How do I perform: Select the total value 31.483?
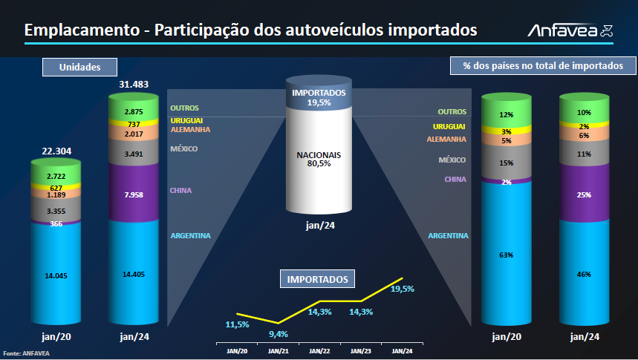pyautogui.click(x=134, y=85)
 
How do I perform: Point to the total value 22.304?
pyautogui.click(x=56, y=151)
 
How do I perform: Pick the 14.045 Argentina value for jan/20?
pyautogui.click(x=56, y=275)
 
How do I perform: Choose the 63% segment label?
pyautogui.click(x=507, y=255)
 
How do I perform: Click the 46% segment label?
pyautogui.click(x=584, y=274)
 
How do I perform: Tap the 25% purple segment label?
pyautogui.click(x=584, y=195)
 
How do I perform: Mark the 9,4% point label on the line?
pyautogui.click(x=279, y=333)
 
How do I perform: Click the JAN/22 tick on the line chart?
pyautogui.click(x=319, y=351)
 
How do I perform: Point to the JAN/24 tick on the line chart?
pyautogui.click(x=402, y=351)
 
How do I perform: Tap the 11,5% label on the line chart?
pyautogui.click(x=238, y=325)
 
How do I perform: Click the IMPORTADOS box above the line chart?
pyautogui.click(x=318, y=279)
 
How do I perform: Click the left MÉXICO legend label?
pyautogui.click(x=184, y=149)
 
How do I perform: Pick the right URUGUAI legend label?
pyautogui.click(x=449, y=127)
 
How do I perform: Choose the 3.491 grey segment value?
pyautogui.click(x=134, y=154)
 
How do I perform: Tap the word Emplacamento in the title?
pyautogui.click(x=81, y=30)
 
